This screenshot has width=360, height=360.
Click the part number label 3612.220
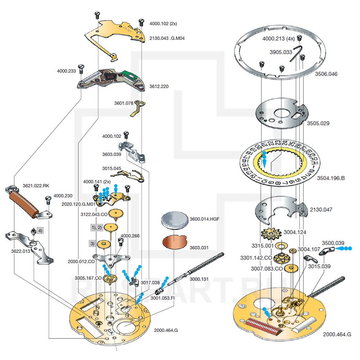[x=159, y=87]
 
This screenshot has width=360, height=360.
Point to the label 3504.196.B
[x=330, y=178]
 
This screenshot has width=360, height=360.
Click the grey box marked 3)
[x=93, y=244]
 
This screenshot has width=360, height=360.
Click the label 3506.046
[x=326, y=74]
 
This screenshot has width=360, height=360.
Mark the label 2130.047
[x=321, y=210]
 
